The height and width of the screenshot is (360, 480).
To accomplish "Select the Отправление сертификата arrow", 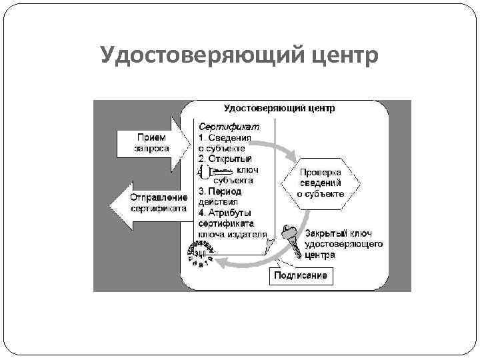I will pos(149,202).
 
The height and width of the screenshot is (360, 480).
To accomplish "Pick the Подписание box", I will pos(301,276).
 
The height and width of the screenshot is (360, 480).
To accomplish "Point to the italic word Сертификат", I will pos(226,127).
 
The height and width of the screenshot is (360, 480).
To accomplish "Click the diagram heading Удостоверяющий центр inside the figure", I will pos(279,108).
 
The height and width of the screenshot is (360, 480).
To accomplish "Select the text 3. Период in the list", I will pos(220,191).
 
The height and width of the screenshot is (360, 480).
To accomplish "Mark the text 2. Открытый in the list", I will pos(225,159).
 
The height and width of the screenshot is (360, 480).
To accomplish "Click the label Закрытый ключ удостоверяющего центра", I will pos(343,244).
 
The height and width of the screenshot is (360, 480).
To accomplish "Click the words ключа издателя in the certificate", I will pos(233,234).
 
